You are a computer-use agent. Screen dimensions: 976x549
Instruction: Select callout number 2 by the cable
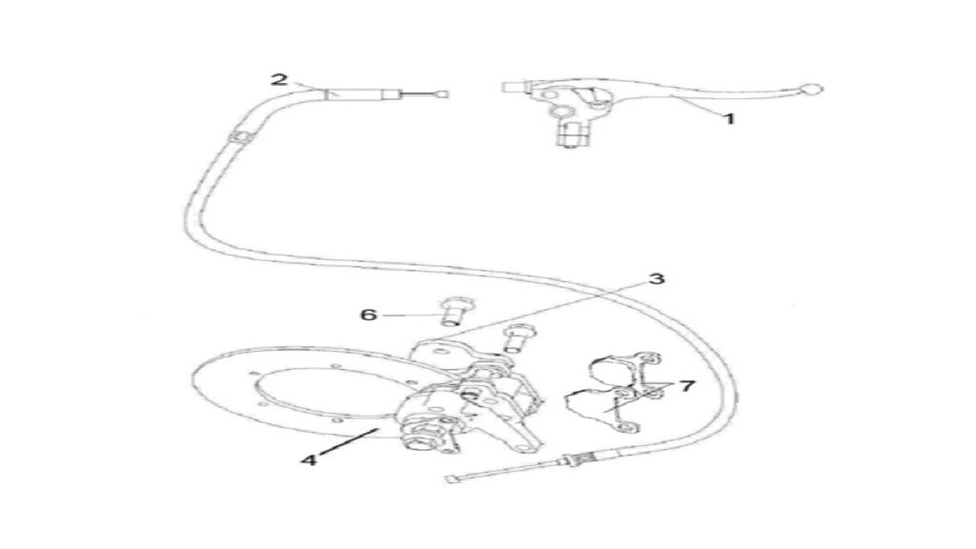pos(279,80)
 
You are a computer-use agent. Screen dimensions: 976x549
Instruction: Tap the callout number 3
pos(657,279)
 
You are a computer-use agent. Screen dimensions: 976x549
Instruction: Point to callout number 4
pos(309,460)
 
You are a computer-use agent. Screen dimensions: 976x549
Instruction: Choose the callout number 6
pos(369,315)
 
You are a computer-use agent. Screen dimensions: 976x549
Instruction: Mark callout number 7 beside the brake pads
pos(686,386)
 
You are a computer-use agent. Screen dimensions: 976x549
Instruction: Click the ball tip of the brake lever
pos(812,89)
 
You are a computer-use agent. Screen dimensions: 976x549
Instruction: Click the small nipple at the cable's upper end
pos(442,94)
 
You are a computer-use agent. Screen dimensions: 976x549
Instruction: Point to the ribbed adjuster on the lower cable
pos(573,461)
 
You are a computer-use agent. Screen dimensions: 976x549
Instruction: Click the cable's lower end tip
pos(451,479)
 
